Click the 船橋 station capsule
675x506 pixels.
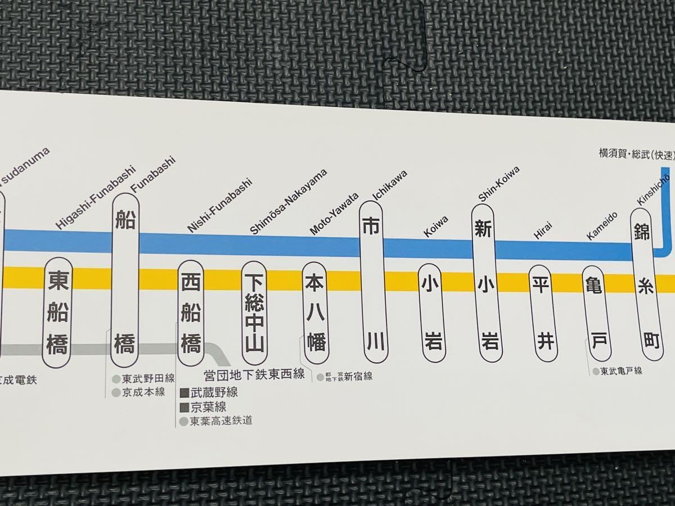click(x=125, y=281)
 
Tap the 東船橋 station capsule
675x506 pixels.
click(x=58, y=312)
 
